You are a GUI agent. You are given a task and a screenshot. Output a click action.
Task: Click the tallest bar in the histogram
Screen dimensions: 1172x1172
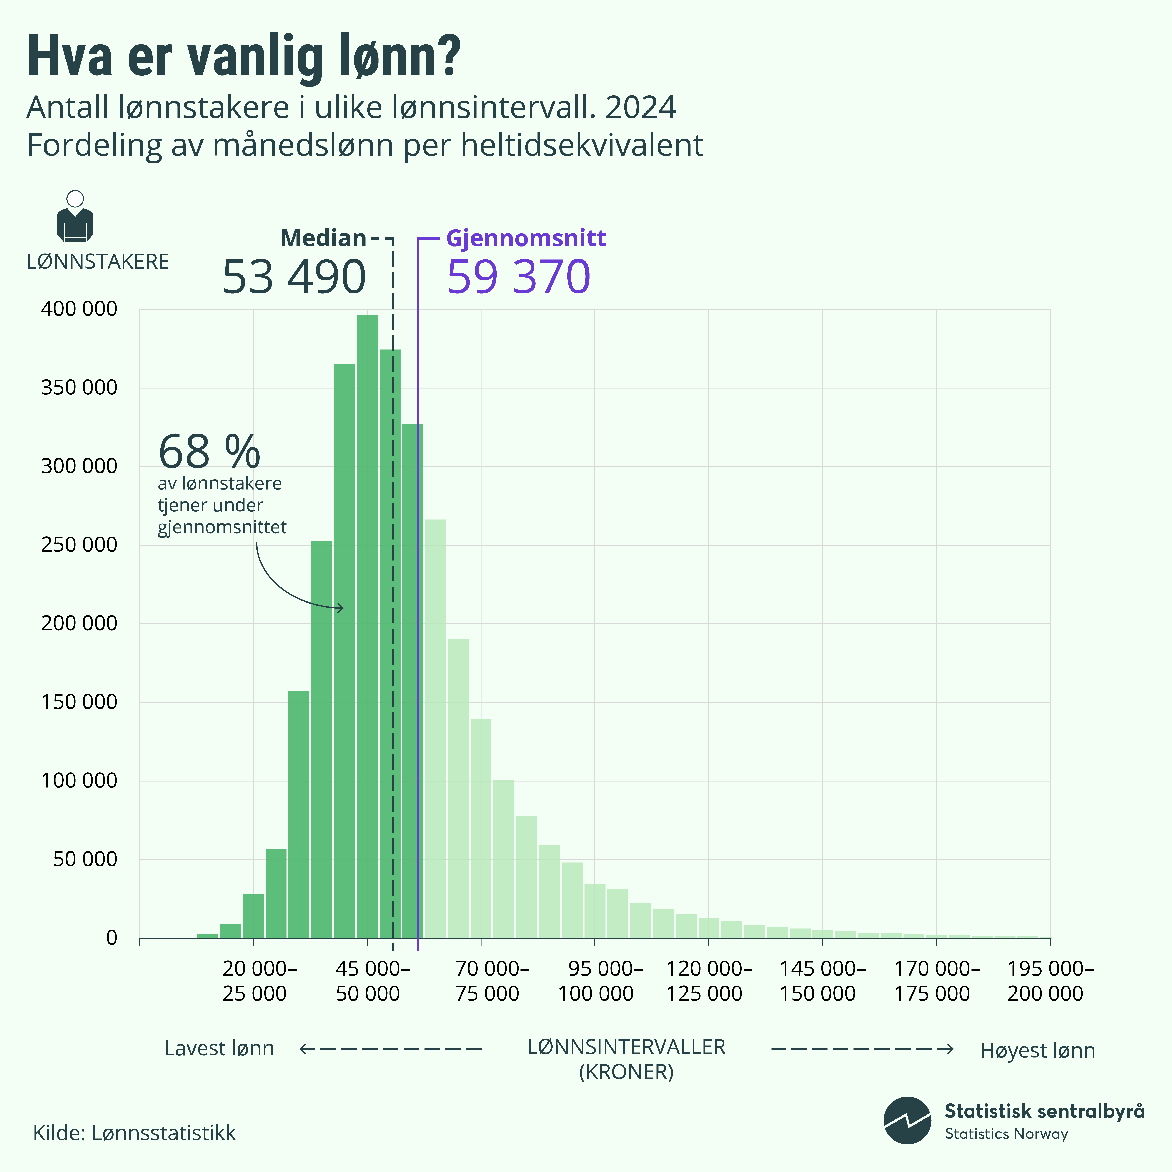(x=367, y=625)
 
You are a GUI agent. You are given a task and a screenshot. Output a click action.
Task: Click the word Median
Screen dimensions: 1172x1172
(x=323, y=238)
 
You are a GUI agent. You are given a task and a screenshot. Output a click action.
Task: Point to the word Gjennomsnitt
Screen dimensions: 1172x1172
(x=526, y=238)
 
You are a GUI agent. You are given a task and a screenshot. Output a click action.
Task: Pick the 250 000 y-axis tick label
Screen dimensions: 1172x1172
(x=79, y=545)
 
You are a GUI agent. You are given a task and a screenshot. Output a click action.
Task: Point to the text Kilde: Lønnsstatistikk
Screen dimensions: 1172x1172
(x=134, y=1133)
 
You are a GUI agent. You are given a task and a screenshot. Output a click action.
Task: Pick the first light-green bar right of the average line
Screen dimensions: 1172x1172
(x=435, y=728)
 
